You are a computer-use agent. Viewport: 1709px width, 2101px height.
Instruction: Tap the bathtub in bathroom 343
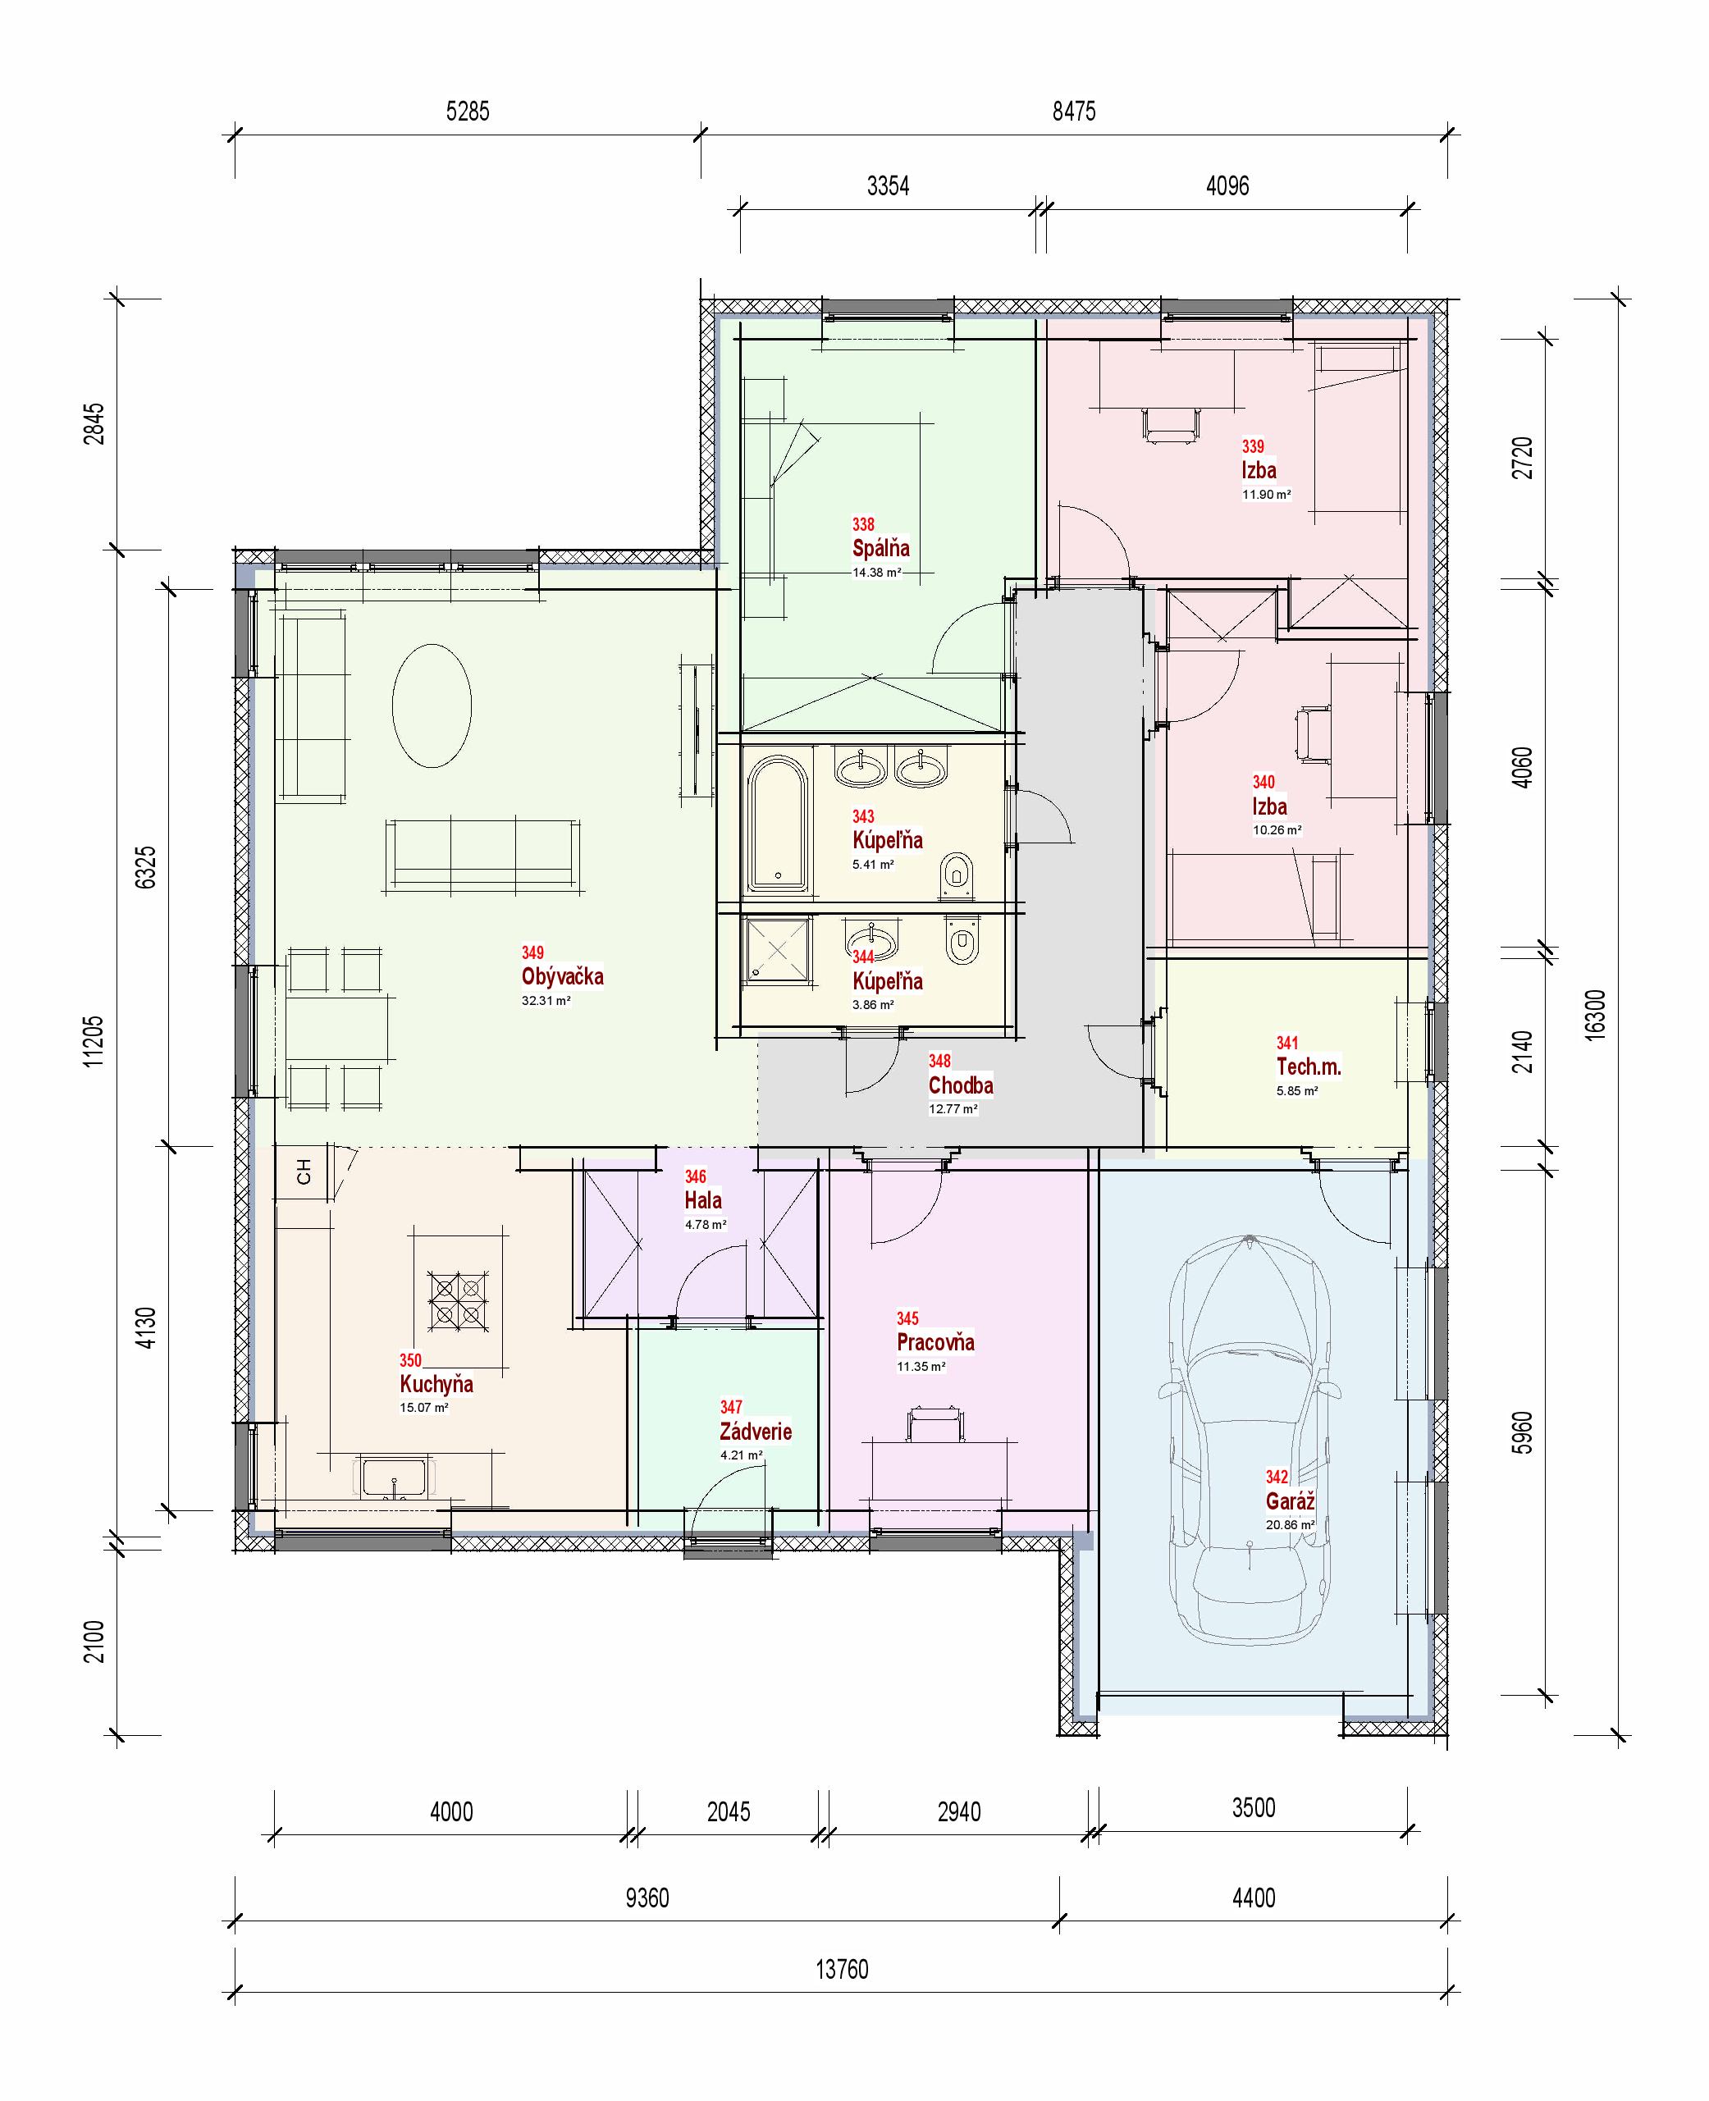[x=778, y=823]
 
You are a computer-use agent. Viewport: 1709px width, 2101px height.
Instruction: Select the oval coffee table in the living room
[x=432, y=705]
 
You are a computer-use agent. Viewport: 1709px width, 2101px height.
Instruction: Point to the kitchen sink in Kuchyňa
[x=394, y=1478]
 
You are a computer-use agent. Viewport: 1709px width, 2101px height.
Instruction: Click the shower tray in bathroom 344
[x=778, y=950]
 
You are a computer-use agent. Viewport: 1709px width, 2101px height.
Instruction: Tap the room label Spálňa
[x=880, y=548]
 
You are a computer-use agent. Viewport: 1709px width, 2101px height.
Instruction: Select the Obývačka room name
[x=562, y=976]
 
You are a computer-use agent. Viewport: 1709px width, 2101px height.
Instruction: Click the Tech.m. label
[x=1309, y=1066]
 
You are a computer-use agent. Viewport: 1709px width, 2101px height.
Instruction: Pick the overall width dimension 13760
[x=842, y=1969]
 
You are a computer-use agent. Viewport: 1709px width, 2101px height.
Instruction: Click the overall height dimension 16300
[x=1596, y=1014]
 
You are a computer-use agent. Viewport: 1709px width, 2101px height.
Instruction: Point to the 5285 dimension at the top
[x=468, y=112]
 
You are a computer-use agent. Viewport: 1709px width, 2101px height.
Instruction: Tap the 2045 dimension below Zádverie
[x=729, y=1811]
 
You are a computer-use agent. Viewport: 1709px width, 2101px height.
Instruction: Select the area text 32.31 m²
[x=546, y=1000]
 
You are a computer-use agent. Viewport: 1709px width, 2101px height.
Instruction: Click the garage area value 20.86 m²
[x=1290, y=1525]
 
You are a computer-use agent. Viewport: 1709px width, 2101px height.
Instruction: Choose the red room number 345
[x=907, y=1318]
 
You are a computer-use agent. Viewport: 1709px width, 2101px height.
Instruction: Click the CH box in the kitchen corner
[x=304, y=1172]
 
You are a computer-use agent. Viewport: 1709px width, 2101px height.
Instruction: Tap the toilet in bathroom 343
[x=957, y=875]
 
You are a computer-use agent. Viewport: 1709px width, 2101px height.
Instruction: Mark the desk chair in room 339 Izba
[x=1172, y=424]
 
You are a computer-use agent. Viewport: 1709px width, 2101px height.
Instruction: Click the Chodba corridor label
[x=960, y=1085]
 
